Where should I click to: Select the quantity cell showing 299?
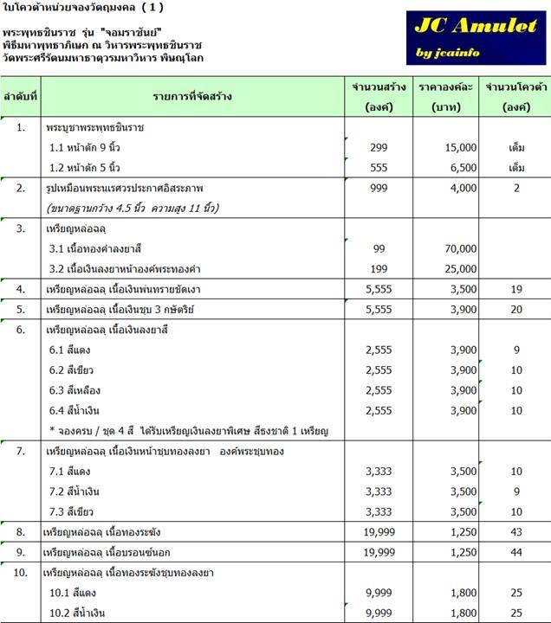coord(378,148)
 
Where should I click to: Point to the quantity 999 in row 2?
coord(378,188)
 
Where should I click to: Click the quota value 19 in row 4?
coord(516,290)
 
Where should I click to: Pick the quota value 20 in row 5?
coord(516,310)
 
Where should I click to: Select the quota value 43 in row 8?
coord(516,530)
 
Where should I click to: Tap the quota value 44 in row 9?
coord(516,551)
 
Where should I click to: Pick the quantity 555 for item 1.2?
coord(378,168)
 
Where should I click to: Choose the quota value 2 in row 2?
coord(516,188)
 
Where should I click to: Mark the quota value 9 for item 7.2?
coord(516,491)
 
